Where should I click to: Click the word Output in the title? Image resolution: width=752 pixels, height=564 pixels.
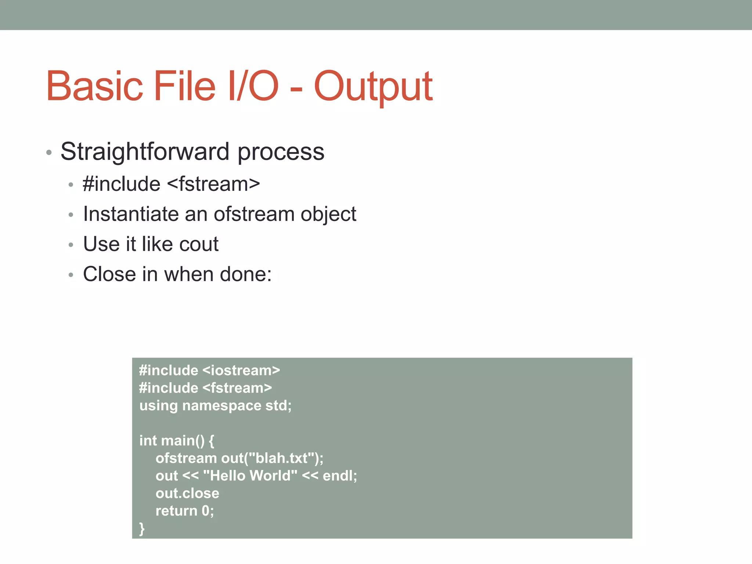[x=373, y=87]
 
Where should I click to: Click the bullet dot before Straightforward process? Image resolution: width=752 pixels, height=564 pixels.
[x=49, y=152]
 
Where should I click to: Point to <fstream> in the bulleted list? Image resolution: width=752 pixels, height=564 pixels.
[x=213, y=184]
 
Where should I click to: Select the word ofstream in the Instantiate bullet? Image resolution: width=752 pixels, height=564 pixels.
[x=254, y=214]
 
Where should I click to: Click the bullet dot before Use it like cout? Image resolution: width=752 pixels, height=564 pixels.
[x=71, y=245]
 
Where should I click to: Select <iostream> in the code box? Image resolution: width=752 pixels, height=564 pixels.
[x=241, y=370]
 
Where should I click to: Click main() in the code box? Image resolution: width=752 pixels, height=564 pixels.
[x=182, y=441]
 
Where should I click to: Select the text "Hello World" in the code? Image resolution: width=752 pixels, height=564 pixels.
[x=250, y=476]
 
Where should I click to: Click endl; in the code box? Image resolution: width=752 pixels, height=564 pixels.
[x=340, y=476]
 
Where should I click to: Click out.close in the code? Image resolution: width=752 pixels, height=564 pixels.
[x=187, y=493]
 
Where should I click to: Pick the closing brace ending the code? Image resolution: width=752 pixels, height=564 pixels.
[x=142, y=529]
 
